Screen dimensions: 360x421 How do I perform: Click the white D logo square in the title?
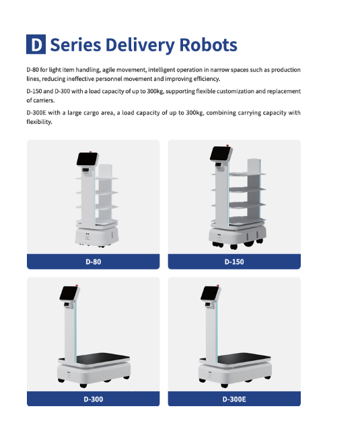point(36,44)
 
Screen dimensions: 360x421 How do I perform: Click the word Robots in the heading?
point(208,45)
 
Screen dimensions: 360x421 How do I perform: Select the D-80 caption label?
point(94,261)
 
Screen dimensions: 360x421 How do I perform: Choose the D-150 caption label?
point(234,261)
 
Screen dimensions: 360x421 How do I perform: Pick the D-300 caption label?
point(94,399)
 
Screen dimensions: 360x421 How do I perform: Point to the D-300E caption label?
point(234,399)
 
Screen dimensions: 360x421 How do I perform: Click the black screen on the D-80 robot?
point(87,159)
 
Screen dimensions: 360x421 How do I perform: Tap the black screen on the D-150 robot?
point(220,154)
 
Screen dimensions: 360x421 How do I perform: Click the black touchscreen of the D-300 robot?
point(69,293)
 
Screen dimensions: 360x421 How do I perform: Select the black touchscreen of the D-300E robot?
point(211,293)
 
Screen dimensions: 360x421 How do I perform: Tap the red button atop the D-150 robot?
point(227,145)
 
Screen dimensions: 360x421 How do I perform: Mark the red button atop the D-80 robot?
point(90,152)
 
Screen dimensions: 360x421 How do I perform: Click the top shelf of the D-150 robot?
point(247,174)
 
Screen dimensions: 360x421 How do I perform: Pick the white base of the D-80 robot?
point(97,236)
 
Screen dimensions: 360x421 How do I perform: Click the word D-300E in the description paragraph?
point(36,112)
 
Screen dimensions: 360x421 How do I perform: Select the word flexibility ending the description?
point(39,122)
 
